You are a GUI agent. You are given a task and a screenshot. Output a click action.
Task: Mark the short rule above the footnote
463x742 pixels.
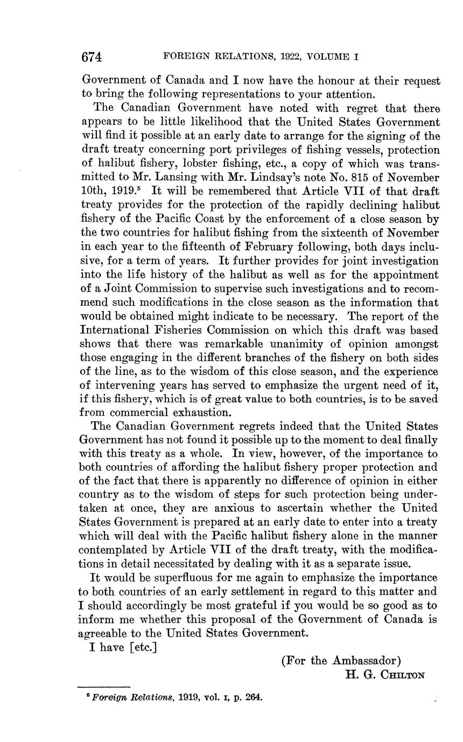105,687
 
